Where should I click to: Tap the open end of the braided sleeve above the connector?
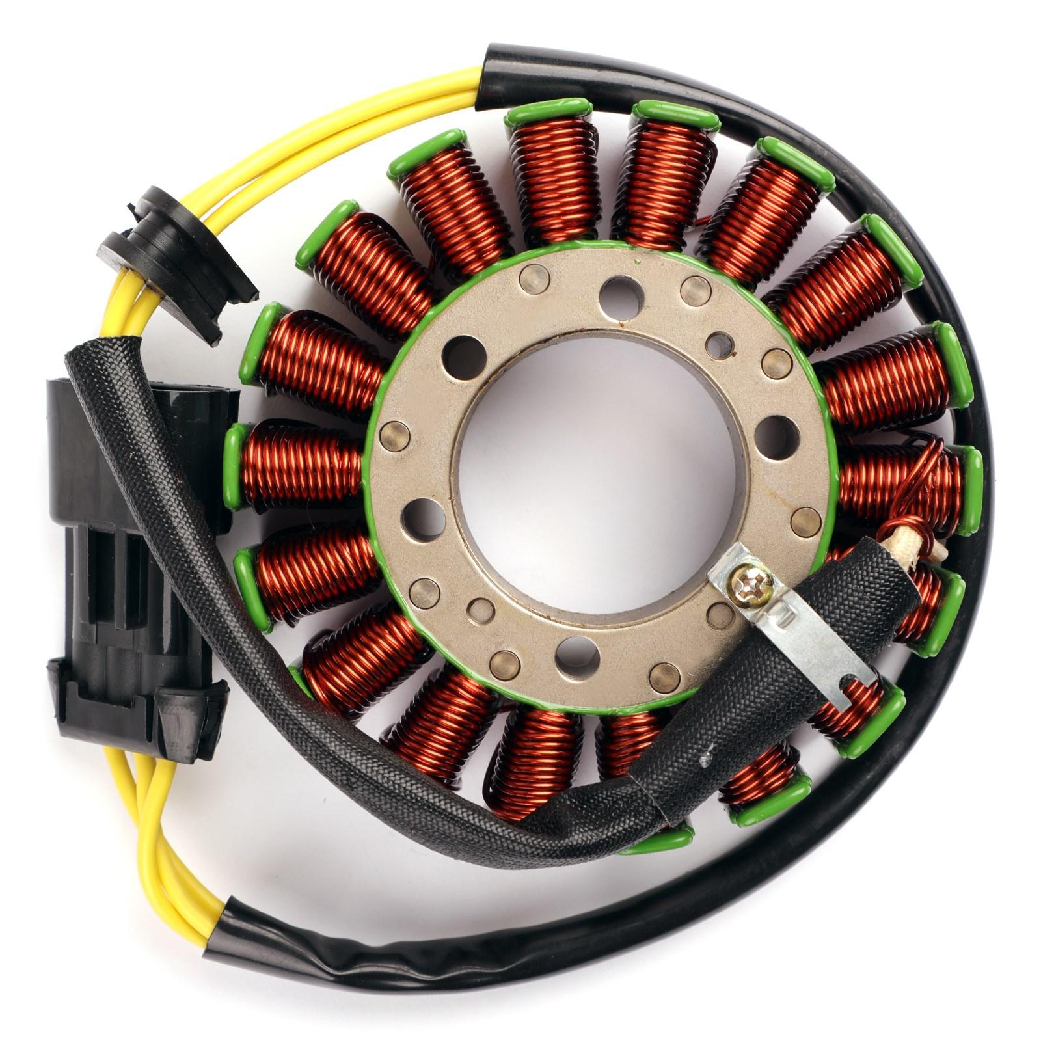pos(91,355)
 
